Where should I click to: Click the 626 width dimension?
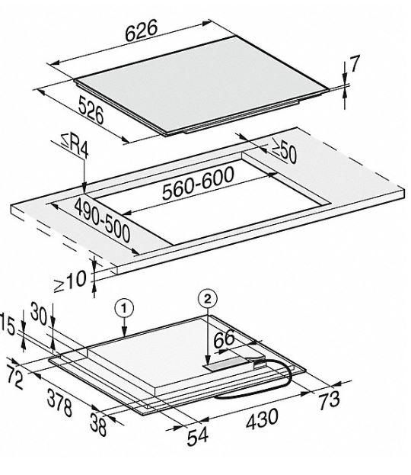click(x=142, y=30)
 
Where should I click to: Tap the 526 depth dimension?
click(x=91, y=110)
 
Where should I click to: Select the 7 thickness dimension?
click(x=354, y=63)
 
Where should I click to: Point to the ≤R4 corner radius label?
click(x=75, y=146)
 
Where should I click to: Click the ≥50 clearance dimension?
click(x=284, y=150)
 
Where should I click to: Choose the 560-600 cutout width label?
click(x=198, y=183)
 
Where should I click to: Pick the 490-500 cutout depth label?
click(x=102, y=220)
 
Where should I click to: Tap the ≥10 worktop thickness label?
click(x=70, y=281)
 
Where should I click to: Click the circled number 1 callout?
click(x=124, y=308)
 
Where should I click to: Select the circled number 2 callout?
click(x=208, y=299)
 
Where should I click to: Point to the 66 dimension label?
click(x=224, y=339)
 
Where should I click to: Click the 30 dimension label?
click(x=39, y=314)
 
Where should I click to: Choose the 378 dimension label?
click(x=59, y=403)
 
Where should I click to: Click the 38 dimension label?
click(x=99, y=425)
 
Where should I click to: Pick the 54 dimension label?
click(x=198, y=436)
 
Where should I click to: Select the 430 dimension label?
click(x=262, y=419)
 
